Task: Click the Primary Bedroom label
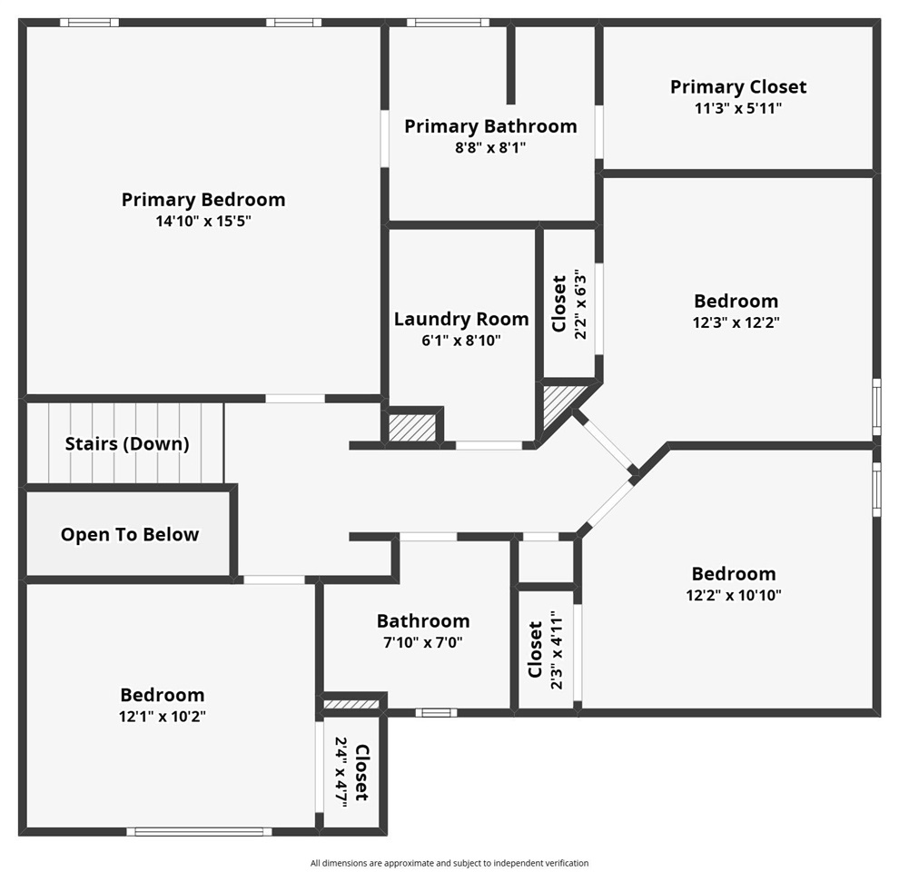tap(203, 200)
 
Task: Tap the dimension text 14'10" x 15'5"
tap(203, 222)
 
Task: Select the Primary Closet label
tap(737, 87)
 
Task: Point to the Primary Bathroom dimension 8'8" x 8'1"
tap(490, 147)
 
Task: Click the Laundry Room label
tap(461, 319)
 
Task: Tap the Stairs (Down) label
tap(127, 444)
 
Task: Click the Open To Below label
tap(130, 535)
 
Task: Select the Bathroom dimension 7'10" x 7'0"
tap(423, 642)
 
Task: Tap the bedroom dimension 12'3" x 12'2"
tap(736, 322)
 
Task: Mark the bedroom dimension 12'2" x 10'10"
tap(734, 595)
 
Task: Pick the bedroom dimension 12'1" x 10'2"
tap(163, 716)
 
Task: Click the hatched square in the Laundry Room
tap(412, 427)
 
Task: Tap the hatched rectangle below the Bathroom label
tap(351, 704)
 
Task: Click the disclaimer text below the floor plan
tap(449, 863)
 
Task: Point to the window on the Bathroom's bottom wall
tap(436, 713)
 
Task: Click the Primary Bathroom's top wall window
tap(447, 23)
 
